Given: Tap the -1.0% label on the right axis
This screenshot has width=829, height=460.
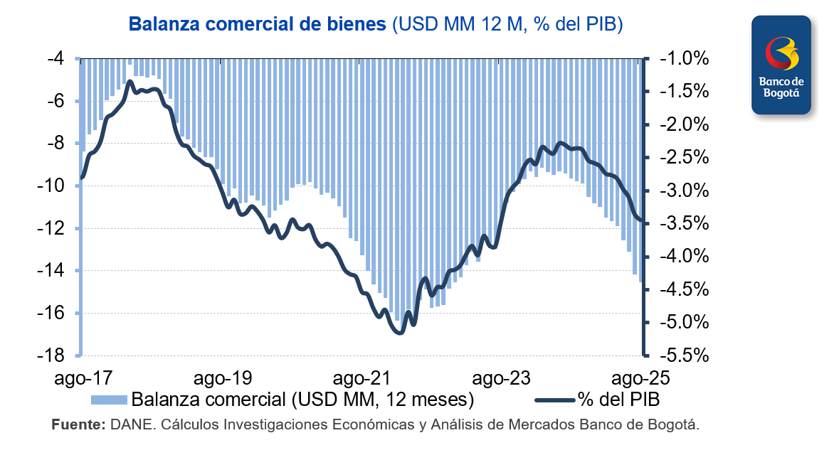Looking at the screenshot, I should (684, 58).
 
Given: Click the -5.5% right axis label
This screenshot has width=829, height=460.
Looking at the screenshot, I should (684, 355).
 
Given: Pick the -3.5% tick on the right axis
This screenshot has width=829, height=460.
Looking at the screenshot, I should (684, 223).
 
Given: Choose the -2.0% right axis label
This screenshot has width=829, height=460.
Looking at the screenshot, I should (684, 124).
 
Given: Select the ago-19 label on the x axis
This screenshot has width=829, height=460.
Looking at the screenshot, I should (223, 377).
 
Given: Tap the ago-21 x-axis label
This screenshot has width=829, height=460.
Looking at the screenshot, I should (363, 377).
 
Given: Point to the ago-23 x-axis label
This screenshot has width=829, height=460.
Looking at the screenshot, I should (503, 377).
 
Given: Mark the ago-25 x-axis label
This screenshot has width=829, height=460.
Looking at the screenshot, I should (640, 377).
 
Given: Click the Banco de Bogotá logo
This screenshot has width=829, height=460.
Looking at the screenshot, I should (781, 65).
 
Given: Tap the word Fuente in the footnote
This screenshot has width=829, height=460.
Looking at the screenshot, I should (77, 425).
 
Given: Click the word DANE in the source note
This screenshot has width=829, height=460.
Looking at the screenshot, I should (130, 425).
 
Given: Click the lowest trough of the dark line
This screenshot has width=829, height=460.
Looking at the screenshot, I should (398, 332).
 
